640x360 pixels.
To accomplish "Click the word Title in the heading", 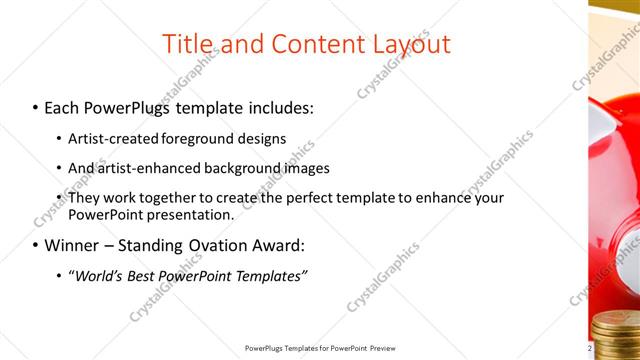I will (186, 43).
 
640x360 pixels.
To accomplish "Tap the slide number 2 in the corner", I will (590, 347).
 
